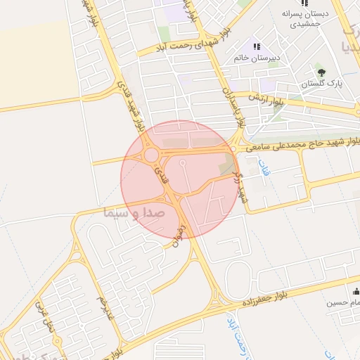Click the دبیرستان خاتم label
257,58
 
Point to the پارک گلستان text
322,84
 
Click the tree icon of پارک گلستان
321,72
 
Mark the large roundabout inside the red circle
151,155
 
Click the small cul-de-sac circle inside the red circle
183,164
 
